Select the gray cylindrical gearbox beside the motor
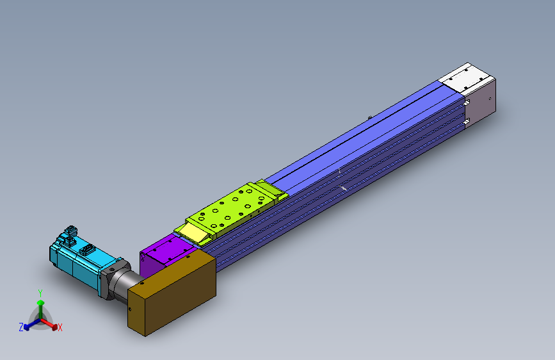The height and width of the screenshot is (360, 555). point(124,282)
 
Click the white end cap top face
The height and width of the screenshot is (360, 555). point(463,78)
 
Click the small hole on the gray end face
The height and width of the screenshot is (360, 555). point(490,99)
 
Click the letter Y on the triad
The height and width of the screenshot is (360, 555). point(40,292)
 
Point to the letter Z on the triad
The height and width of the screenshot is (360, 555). point(21,327)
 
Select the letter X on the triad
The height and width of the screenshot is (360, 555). point(60,328)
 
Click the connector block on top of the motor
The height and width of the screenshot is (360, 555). point(70,233)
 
